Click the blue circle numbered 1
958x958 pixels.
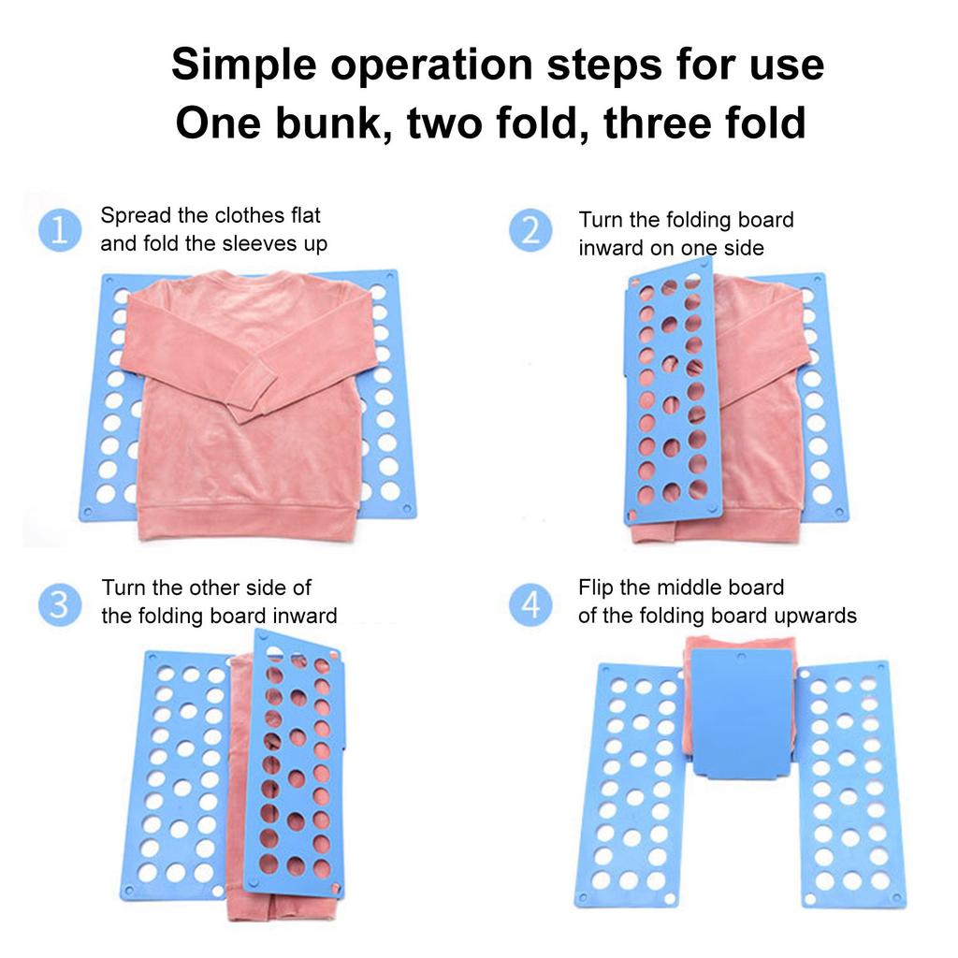click(59, 231)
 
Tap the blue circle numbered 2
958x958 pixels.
click(530, 231)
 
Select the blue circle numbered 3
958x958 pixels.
click(59, 605)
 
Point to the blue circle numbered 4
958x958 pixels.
click(530, 605)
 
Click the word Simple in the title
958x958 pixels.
click(245, 66)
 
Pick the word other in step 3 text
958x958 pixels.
click(215, 588)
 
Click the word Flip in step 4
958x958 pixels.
click(596, 588)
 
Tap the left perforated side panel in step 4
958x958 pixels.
click(629, 786)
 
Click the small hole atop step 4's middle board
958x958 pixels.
click(741, 656)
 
